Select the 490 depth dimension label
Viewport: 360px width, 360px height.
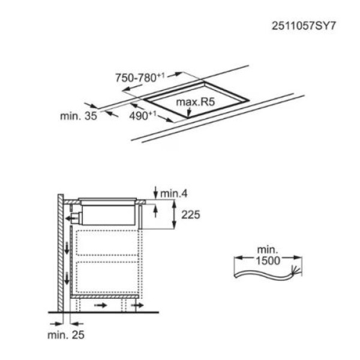coord(142,116)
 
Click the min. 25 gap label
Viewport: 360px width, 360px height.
coord(67,334)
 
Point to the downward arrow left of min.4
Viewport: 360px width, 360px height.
coord(156,193)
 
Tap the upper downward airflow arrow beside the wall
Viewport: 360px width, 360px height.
coord(65,247)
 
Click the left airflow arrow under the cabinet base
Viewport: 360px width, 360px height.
coord(101,306)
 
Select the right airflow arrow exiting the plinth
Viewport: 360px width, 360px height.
coord(138,306)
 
